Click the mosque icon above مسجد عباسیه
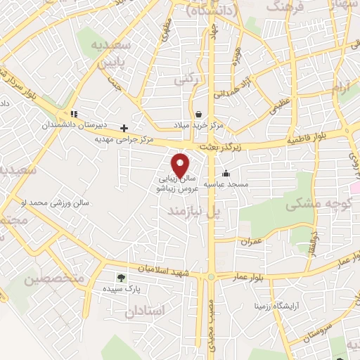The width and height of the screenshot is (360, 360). pyautogui.click(x=226, y=174)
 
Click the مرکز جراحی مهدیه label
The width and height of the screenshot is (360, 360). pyautogui.click(x=124, y=140)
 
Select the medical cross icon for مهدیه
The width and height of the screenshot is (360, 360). pyautogui.click(x=124, y=128)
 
